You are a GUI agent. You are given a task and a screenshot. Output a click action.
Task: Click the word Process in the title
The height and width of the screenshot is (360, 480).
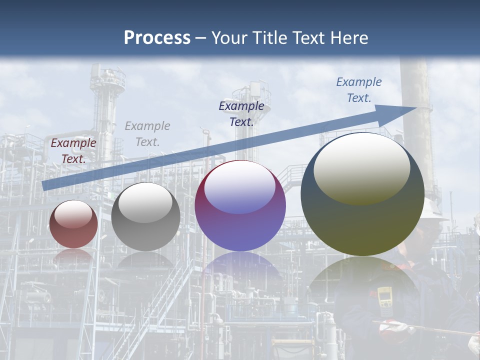coord(157,37)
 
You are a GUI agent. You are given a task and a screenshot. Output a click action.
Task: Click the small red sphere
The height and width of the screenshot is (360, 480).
coord(74,224)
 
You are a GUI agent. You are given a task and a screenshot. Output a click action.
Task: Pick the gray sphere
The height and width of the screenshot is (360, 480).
coord(145,217)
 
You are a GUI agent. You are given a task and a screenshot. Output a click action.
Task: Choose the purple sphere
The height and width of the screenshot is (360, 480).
coord(240,206)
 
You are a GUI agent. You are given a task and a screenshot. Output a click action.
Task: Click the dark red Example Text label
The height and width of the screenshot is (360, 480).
coord(73,150)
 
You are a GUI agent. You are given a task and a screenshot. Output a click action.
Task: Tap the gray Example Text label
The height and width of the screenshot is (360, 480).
coord(147,133)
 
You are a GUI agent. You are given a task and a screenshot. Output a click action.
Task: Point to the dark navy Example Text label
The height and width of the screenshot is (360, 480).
coord(241,113)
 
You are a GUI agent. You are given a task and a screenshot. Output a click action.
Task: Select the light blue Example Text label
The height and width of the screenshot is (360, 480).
coord(359,89)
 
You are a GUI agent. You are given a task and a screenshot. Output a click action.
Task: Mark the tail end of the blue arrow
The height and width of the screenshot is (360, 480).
coord(44,186)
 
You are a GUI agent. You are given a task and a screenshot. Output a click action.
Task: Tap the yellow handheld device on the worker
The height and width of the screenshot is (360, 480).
coord(384,298)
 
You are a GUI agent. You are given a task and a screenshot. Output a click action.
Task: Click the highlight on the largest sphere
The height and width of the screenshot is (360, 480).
coord(362,167)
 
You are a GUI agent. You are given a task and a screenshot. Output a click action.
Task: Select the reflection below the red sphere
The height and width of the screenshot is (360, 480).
coord(73,256)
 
